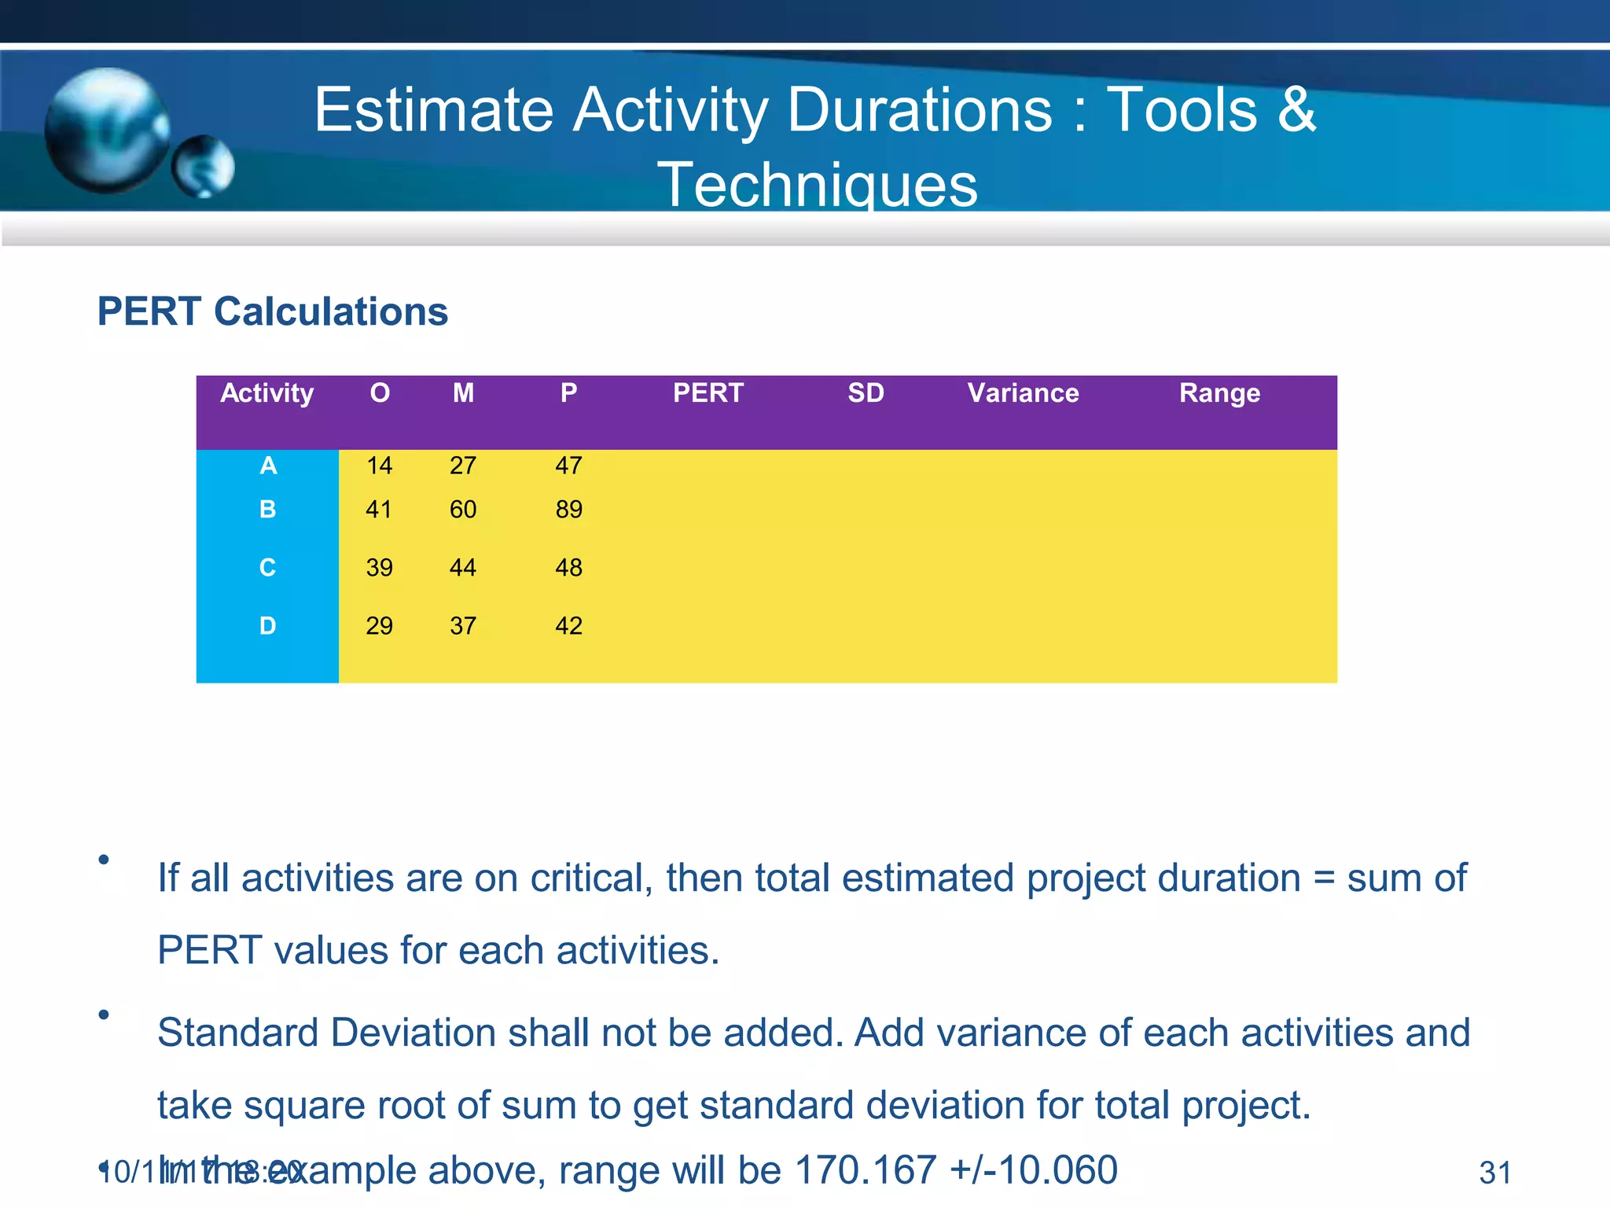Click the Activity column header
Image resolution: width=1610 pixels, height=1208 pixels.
click(x=267, y=392)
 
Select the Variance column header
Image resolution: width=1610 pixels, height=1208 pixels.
click(x=1023, y=392)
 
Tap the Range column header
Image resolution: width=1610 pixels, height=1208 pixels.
click(x=1219, y=392)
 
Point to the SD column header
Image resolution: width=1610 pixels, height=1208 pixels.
click(x=866, y=392)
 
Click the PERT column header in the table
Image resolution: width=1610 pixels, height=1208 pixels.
click(x=708, y=392)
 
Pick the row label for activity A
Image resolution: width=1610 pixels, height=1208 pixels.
click(x=268, y=466)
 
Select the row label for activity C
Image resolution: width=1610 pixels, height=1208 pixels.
click(x=267, y=567)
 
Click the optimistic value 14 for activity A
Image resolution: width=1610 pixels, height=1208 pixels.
click(x=379, y=466)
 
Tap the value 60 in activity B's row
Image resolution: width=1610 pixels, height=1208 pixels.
click(x=463, y=510)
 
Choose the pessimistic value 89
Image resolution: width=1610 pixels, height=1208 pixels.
click(x=568, y=510)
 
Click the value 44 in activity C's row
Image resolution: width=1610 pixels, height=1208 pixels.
click(x=463, y=567)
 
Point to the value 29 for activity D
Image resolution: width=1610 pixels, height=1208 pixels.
click(x=379, y=626)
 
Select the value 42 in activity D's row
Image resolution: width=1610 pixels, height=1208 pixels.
click(x=568, y=626)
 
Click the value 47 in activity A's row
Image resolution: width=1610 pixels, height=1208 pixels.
click(x=568, y=466)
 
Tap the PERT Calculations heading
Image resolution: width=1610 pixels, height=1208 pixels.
click(x=272, y=311)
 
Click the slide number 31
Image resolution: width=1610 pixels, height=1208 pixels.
click(x=1494, y=1173)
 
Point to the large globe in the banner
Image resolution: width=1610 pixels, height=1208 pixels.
click(x=106, y=130)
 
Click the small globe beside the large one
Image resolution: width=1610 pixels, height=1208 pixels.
click(x=204, y=166)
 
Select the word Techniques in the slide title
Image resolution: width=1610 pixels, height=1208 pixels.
click(x=818, y=186)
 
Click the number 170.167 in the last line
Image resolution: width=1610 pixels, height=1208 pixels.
click(x=866, y=1169)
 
